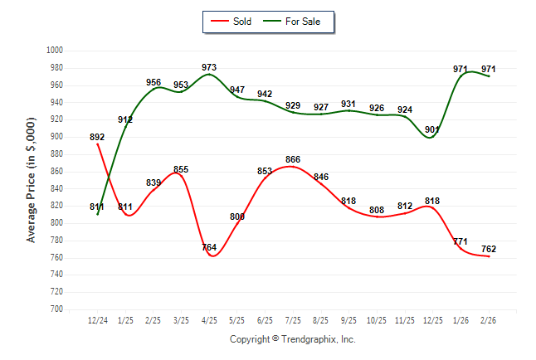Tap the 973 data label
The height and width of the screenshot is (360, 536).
[210, 67]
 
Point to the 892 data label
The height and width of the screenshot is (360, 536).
[97, 138]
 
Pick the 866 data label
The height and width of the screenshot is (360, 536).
[292, 159]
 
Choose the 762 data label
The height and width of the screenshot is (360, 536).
[489, 249]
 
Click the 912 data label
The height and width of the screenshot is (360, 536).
[125, 120]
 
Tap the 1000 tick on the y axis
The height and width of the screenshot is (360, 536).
[56, 50]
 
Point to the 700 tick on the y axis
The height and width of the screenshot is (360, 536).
[57, 309]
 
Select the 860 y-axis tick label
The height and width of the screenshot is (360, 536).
[57, 171]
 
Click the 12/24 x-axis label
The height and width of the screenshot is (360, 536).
[97, 320]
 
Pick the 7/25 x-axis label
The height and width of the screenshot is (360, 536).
[292, 320]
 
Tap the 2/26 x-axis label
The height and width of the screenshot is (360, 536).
[489, 320]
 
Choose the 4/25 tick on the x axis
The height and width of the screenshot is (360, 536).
[209, 320]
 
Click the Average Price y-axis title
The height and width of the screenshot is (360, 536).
[32, 179]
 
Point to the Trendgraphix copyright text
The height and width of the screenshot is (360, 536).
[292, 339]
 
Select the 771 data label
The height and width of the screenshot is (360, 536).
[460, 241]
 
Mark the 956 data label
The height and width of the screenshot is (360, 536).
[153, 83]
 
